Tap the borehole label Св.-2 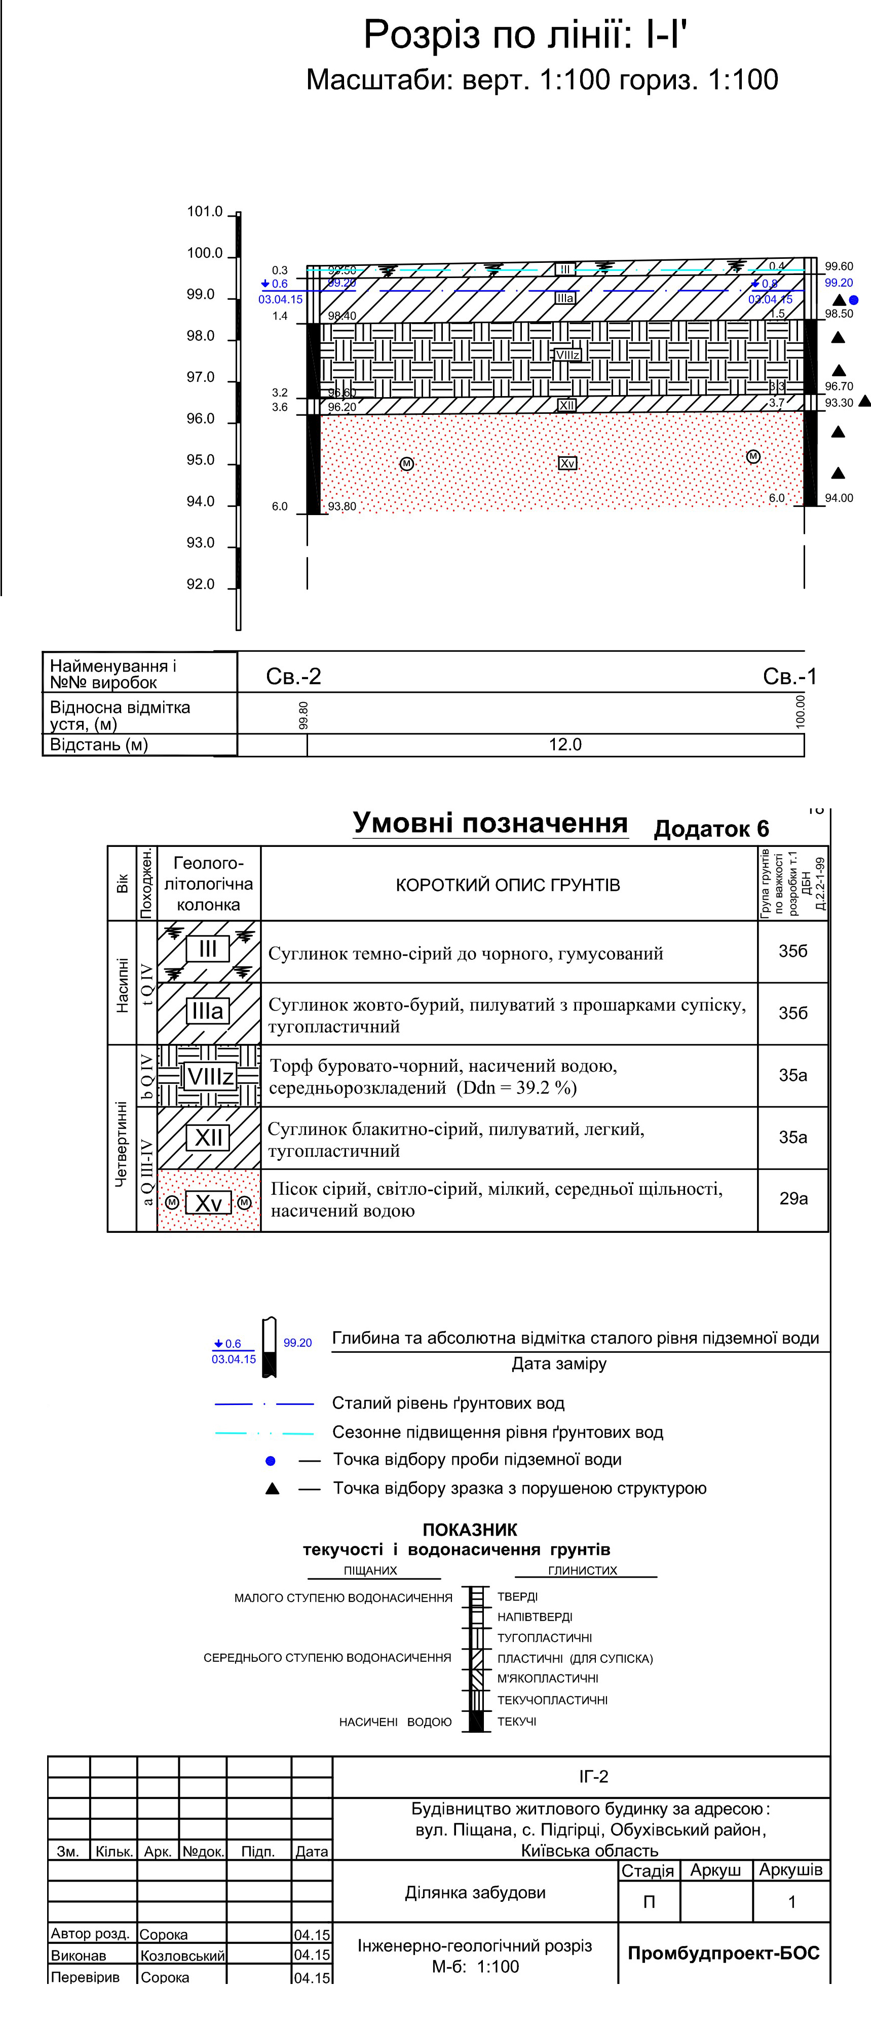click(x=293, y=676)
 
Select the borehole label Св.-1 click(x=790, y=676)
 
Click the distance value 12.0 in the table click(x=565, y=745)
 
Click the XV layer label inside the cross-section click(x=567, y=463)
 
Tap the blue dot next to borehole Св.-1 click(x=854, y=300)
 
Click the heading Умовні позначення click(x=489, y=823)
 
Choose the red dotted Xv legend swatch click(x=209, y=1200)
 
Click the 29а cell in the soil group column click(x=793, y=1198)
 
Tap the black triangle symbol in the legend click(x=272, y=1489)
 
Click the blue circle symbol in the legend click(x=271, y=1461)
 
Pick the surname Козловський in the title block click(x=182, y=1955)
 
